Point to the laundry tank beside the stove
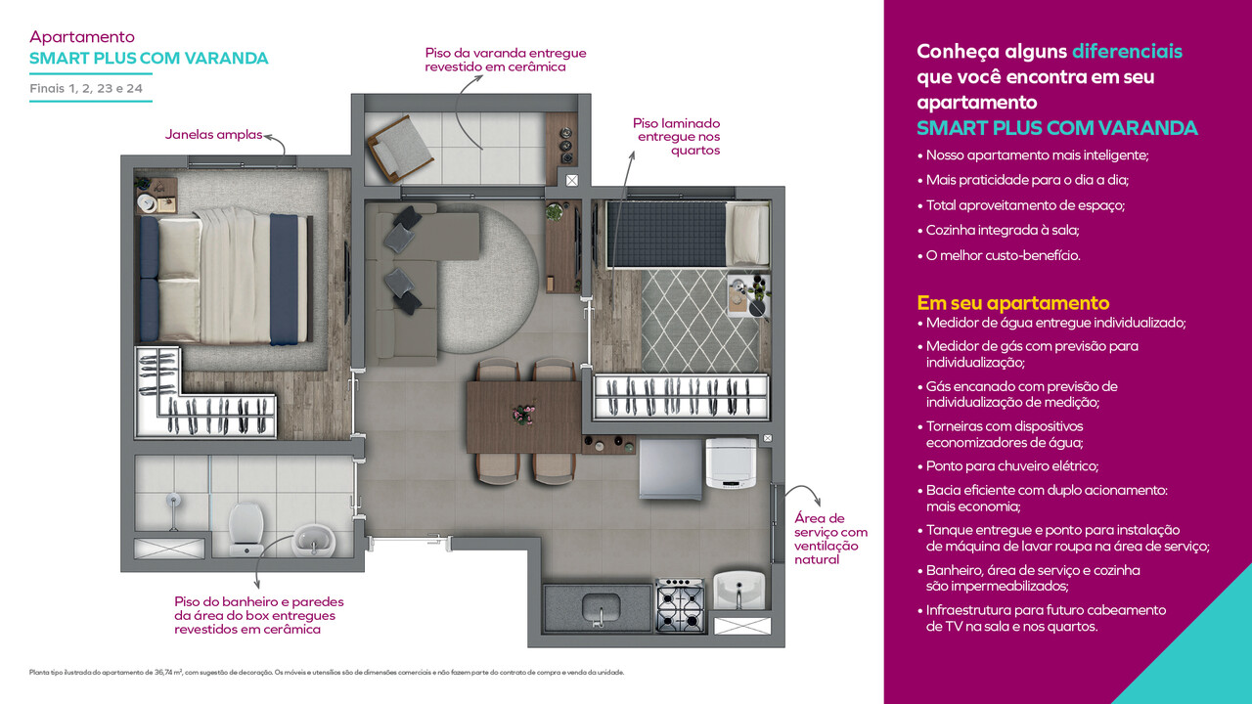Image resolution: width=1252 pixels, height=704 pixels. (742, 591)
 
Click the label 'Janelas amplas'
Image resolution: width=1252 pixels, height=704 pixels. (213, 134)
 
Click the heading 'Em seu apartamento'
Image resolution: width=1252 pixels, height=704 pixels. (1012, 302)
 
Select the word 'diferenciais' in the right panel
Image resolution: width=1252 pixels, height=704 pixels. (1127, 51)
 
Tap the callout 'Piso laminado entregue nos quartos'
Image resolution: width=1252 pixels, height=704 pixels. (676, 137)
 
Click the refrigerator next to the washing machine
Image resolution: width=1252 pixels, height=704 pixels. (670, 469)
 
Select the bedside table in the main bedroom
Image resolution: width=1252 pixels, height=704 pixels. (155, 194)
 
